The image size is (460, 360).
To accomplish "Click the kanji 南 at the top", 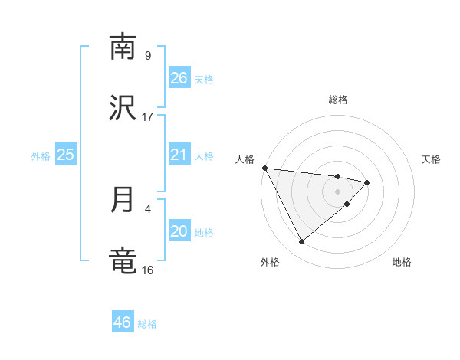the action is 123,47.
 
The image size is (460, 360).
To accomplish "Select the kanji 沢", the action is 123,108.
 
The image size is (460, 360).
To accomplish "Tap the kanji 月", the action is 123,200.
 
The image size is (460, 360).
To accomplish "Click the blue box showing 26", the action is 179,78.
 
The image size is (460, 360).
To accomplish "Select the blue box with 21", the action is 179,155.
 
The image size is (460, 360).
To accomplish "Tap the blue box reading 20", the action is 179,231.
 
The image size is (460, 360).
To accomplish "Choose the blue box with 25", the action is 66,155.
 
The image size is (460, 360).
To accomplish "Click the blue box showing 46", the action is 123,322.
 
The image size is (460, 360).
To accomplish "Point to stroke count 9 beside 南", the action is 148,55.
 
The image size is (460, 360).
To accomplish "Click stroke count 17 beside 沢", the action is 148,116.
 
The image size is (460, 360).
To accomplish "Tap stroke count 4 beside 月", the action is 148,208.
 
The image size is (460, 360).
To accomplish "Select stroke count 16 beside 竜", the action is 148,270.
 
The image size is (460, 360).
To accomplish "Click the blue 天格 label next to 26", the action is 203,80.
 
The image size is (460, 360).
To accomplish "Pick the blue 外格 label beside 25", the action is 41,156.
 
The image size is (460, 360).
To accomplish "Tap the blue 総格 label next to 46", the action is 147,324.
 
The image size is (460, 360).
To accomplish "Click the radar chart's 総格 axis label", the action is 338,100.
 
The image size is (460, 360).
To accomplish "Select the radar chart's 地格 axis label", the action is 402,262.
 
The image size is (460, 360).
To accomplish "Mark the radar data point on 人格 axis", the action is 264,168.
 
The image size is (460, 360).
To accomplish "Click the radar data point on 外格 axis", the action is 301,242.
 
